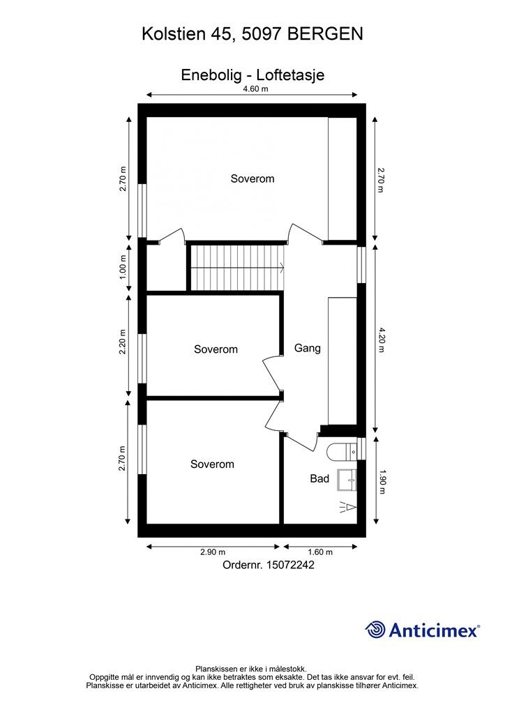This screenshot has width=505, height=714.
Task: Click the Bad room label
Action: (x=319, y=478)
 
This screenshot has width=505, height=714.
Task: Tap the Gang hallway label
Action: (x=308, y=349)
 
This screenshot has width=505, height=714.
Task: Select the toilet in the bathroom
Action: (x=342, y=451)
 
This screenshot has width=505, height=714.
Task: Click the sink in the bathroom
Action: (x=347, y=480)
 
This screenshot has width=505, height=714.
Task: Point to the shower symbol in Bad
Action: (x=348, y=506)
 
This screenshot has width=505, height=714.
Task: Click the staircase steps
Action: (x=236, y=268)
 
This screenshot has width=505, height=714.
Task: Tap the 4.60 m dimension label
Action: (x=255, y=89)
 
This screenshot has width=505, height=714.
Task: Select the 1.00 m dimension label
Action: (x=123, y=268)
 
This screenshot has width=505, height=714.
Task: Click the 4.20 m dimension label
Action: (x=381, y=340)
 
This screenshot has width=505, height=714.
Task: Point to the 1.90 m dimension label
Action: (x=382, y=482)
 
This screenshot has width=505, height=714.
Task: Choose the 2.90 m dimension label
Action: (x=213, y=552)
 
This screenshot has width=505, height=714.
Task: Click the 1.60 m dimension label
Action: (x=320, y=552)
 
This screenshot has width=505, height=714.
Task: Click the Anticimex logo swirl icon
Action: (x=375, y=630)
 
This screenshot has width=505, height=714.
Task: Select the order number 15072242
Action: (x=290, y=565)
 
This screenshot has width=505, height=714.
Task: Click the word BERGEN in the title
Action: (x=326, y=34)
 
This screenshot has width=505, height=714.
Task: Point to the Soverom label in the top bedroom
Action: (x=252, y=178)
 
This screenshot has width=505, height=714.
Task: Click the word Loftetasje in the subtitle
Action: (x=291, y=75)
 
